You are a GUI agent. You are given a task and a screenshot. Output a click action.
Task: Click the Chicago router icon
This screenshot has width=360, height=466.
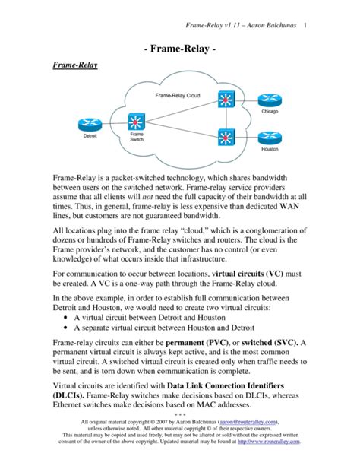tap(269, 100)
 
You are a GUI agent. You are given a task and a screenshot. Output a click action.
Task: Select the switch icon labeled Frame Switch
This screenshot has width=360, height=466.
tap(137, 122)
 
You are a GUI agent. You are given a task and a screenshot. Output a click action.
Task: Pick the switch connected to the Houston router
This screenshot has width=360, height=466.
tap(226, 137)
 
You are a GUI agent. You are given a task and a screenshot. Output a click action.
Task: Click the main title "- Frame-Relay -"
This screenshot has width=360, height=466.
tap(180, 50)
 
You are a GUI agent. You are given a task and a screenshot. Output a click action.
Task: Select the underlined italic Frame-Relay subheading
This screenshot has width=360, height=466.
tap(74, 67)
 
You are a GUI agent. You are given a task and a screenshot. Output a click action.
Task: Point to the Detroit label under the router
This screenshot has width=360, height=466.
tap(90, 137)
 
